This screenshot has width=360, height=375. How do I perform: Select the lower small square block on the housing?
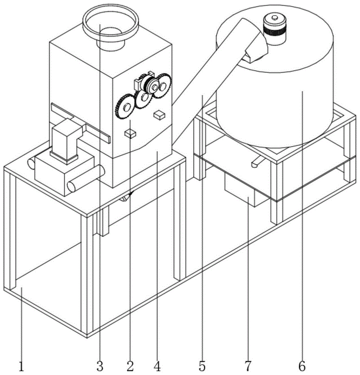[x=130, y=133]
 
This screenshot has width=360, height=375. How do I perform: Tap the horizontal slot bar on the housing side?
[x=81, y=122]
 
